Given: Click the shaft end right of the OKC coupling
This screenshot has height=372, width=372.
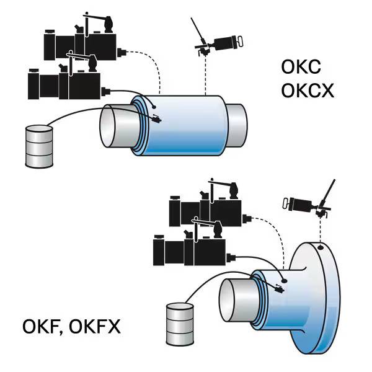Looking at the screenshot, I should pos(239,124).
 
